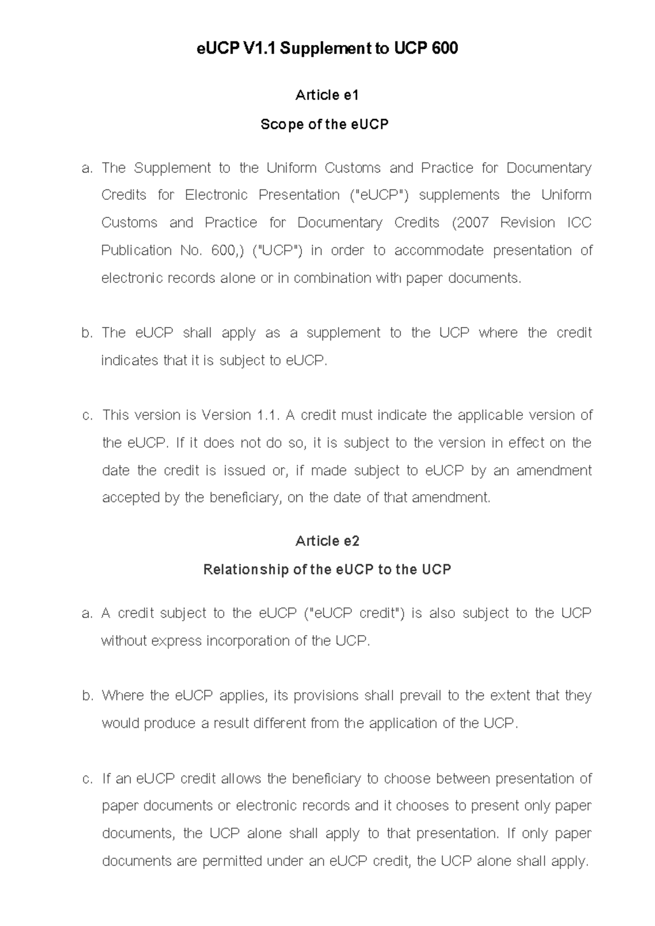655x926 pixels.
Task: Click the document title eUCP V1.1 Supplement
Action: (327, 49)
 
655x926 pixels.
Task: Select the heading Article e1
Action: (327, 95)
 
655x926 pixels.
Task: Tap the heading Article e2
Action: (327, 541)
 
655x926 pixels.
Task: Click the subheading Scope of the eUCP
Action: (324, 124)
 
